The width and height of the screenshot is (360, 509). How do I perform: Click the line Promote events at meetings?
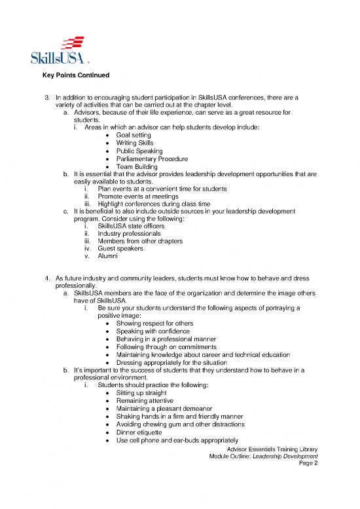tap(142, 197)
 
